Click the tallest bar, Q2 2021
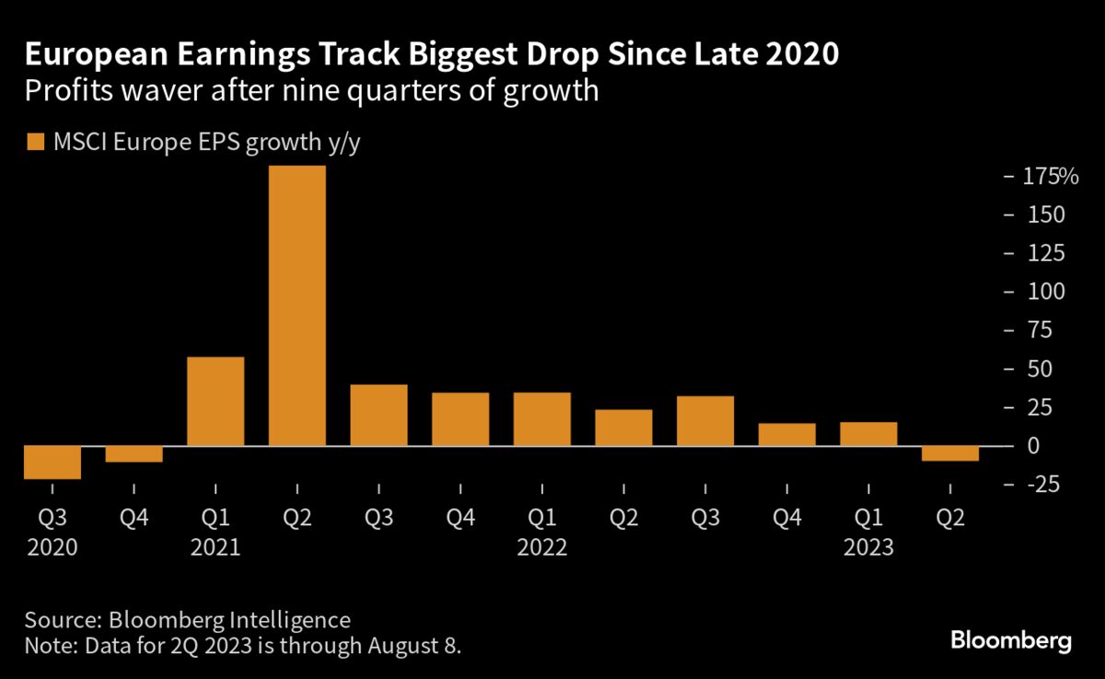(297, 306)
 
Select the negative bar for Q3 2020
(52, 462)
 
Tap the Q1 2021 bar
(215, 401)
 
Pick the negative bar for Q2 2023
(950, 453)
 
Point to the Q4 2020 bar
(134, 454)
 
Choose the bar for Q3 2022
(705, 421)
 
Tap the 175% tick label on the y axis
(1051, 176)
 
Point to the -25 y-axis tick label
(1041, 485)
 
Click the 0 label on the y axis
(1034, 446)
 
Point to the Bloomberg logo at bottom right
(1010, 641)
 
